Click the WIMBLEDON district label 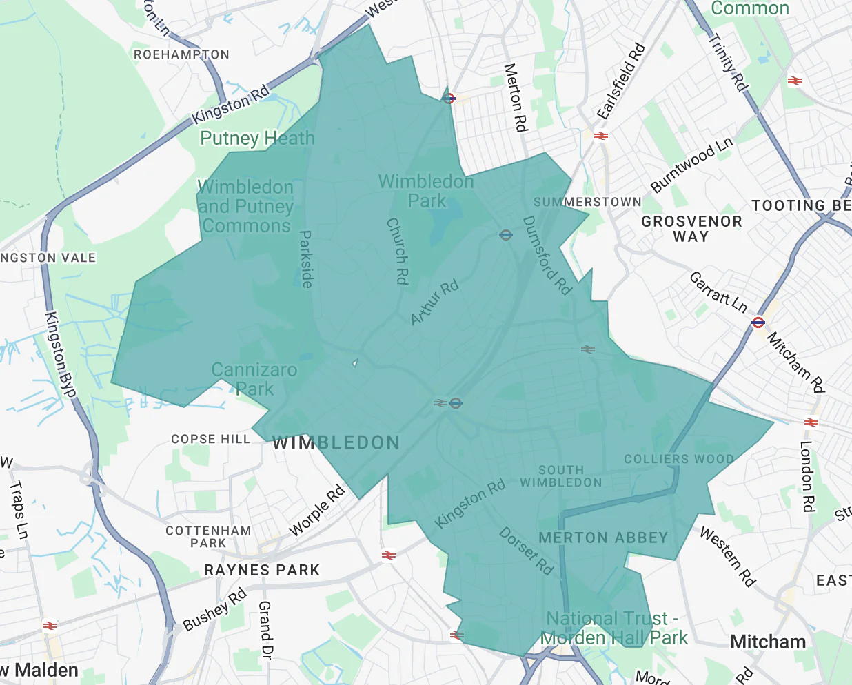click(336, 442)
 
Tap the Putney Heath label click(257, 139)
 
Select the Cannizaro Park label click(254, 379)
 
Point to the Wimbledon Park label click(427, 191)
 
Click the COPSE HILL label click(210, 439)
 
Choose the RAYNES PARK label click(262, 570)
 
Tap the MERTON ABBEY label click(603, 538)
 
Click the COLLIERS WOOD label click(678, 459)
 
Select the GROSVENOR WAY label click(691, 229)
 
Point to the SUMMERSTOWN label click(587, 202)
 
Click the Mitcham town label click(768, 642)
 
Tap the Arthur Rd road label click(434, 303)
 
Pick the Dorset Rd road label click(526, 551)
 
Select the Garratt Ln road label click(719, 292)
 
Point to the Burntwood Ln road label click(691, 165)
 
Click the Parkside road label click(306, 259)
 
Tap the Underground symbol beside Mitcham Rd click(758, 322)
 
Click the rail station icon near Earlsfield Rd click(601, 136)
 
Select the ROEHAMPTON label click(181, 54)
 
